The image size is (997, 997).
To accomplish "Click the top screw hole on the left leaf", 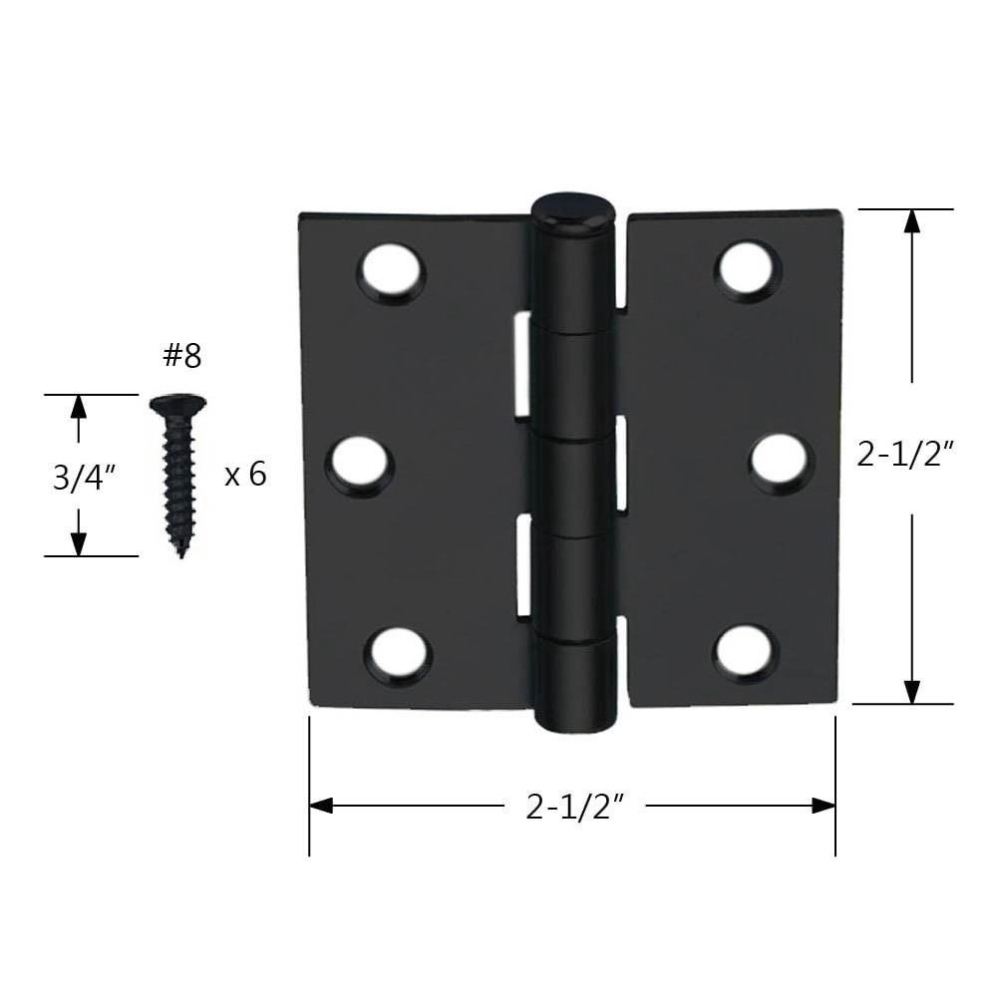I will point(392,272).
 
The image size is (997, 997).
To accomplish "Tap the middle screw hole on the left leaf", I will point(361,465).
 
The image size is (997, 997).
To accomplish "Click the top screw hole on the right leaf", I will point(747,270).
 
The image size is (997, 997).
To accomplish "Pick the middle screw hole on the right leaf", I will point(781,463).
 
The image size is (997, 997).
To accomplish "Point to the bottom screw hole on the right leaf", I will point(746,653).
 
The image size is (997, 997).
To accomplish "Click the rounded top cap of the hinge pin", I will point(572,210).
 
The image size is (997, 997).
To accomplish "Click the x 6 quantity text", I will point(245,475).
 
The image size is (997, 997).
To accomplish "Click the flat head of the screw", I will point(177,404).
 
